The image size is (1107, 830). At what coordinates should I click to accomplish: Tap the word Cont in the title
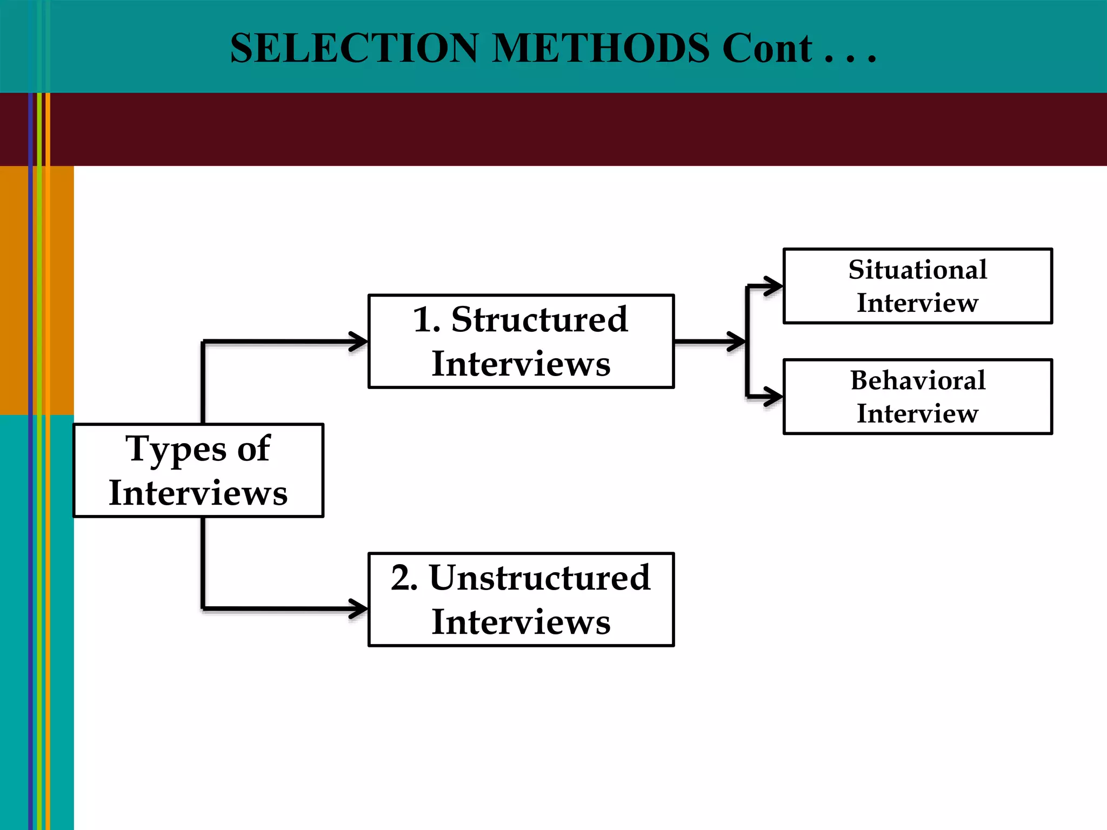click(767, 49)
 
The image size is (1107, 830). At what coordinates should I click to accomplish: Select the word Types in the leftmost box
click(176, 450)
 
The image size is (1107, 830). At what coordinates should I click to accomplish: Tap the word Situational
click(917, 270)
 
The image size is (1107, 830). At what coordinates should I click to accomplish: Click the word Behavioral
click(917, 380)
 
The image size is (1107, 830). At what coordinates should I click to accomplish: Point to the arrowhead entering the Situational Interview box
click(774, 286)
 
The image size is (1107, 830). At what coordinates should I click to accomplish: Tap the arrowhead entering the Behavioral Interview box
click(774, 397)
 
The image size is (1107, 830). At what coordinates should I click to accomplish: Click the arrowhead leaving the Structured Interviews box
click(737, 342)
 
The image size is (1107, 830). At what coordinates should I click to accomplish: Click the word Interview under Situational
click(917, 303)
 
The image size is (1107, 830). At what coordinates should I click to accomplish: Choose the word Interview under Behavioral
click(917, 413)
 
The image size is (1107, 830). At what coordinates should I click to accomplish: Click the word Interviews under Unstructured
click(521, 622)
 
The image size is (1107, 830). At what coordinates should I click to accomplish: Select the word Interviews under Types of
click(198, 493)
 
